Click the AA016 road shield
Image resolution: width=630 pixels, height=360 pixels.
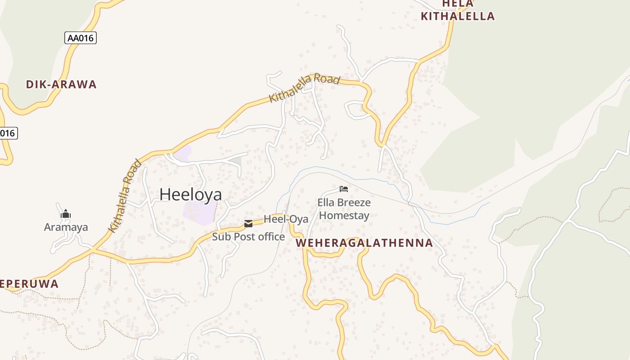tap(81, 38)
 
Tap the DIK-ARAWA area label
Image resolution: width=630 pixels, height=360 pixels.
tap(61, 85)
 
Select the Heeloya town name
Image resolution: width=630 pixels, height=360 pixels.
tap(191, 194)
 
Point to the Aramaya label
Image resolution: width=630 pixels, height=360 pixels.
tap(66, 227)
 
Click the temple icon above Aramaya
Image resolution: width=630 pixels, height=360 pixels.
tap(66, 214)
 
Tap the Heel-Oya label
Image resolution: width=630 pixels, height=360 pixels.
tap(286, 219)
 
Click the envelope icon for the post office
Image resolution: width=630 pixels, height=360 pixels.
tap(248, 224)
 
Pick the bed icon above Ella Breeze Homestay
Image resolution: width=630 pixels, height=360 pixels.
tap(344, 189)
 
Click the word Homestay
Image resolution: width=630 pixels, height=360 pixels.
tap(344, 216)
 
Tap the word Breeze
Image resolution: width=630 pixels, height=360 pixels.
tap(354, 202)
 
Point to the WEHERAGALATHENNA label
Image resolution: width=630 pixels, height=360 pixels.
tap(364, 243)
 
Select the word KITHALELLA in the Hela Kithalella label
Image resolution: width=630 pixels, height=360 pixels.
tap(457, 17)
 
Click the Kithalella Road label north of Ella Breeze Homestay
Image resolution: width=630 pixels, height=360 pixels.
tap(304, 88)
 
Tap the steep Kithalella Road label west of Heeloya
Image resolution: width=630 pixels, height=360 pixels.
tap(125, 196)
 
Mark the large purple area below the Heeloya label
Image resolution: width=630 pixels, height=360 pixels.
tap(199, 212)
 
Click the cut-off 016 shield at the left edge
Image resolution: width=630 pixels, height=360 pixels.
tap(8, 133)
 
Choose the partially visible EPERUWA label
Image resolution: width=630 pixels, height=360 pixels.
tap(29, 284)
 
